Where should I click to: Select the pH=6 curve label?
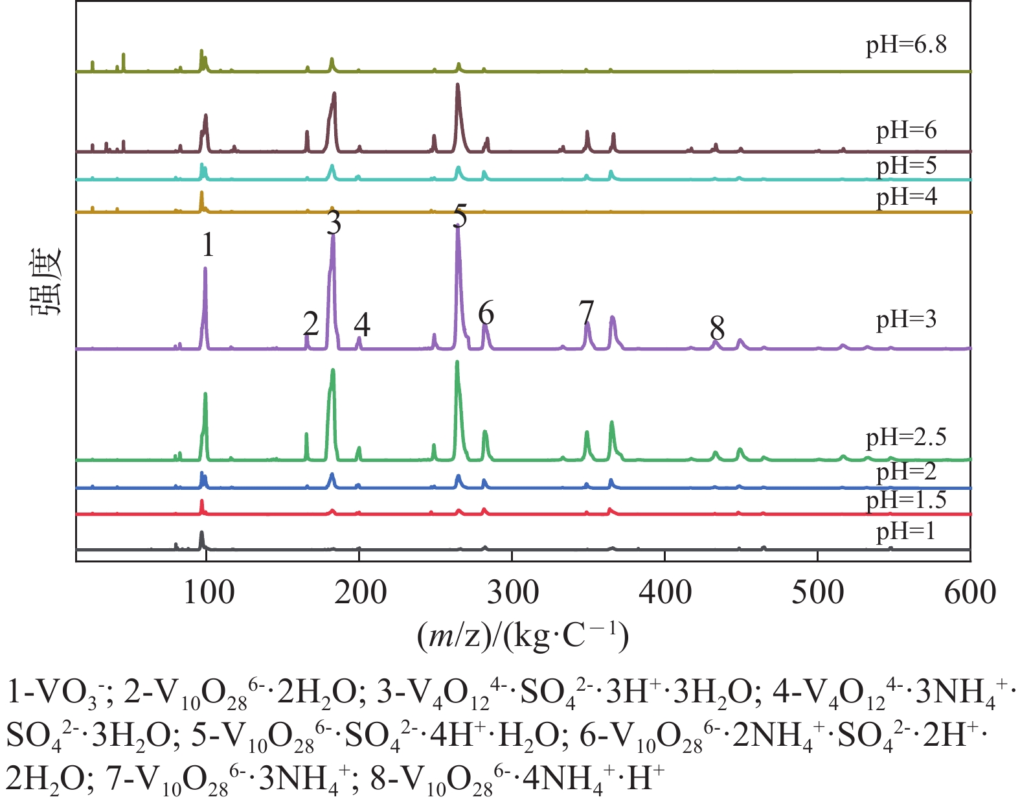[x=906, y=131]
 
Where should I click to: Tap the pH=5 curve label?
[x=906, y=166]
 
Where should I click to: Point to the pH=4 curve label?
[x=906, y=196]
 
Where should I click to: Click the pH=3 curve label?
[x=906, y=319]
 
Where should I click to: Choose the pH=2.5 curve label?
[x=906, y=437]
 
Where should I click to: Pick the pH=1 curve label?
[x=906, y=532]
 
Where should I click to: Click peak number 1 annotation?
[x=207, y=245]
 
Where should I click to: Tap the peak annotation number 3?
[x=334, y=224]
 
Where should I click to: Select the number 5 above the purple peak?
[x=460, y=216]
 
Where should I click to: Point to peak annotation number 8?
[x=716, y=328]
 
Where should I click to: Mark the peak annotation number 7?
[x=586, y=313]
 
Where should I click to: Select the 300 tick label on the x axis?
[x=512, y=592]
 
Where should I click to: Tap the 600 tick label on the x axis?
[x=969, y=592]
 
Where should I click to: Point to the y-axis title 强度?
[x=47, y=281]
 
